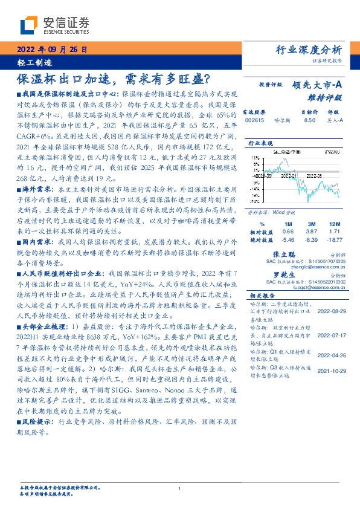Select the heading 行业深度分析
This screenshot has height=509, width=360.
(309, 50)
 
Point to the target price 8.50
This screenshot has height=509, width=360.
(310, 121)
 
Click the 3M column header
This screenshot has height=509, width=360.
(313, 224)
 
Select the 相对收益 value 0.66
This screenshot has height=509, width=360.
(288, 232)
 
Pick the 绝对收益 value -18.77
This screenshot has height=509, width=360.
(336, 239)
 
